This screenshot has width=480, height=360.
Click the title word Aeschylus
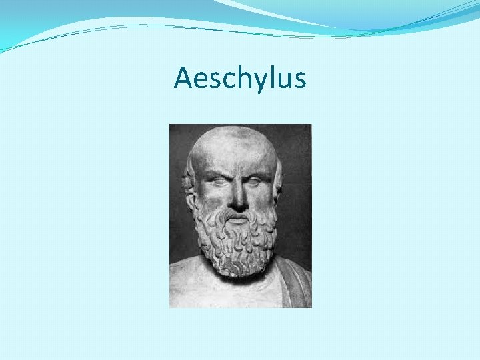[x=240, y=79]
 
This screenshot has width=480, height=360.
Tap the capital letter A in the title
[x=183, y=78]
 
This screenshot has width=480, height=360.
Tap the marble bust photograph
[x=240, y=215]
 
